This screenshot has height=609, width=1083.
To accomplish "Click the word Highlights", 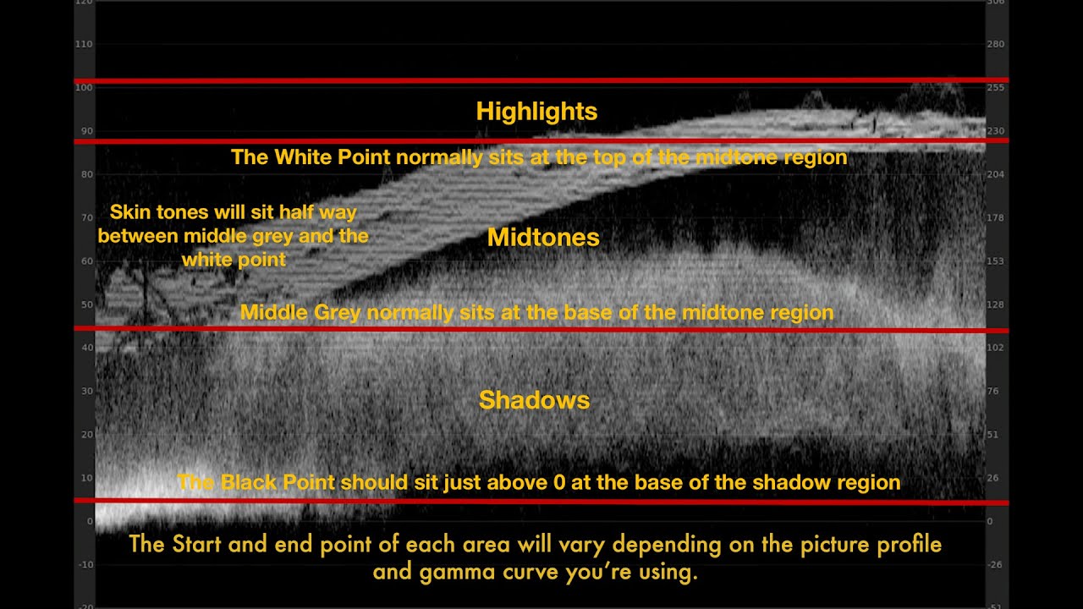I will (x=536, y=112).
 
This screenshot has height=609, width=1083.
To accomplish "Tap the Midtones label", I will (x=543, y=238).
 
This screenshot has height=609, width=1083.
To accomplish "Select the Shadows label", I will (x=534, y=400).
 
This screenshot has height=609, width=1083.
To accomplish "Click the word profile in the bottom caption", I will (x=910, y=544).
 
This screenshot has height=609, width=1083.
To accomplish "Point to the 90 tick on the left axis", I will (x=86, y=131).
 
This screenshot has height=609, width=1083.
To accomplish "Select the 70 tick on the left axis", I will (x=86, y=217).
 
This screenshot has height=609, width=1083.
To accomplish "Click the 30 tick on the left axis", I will (x=86, y=391).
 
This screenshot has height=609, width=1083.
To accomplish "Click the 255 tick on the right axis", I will (x=995, y=87).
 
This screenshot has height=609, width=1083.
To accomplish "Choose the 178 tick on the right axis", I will (x=995, y=217).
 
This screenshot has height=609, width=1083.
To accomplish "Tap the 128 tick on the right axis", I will (x=995, y=304).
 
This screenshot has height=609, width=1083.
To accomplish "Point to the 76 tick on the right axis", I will (x=993, y=391).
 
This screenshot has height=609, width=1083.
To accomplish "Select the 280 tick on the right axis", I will (x=995, y=44).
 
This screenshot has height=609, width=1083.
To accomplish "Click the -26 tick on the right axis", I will (x=993, y=564).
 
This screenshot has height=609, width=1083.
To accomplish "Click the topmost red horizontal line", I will (x=541, y=80).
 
